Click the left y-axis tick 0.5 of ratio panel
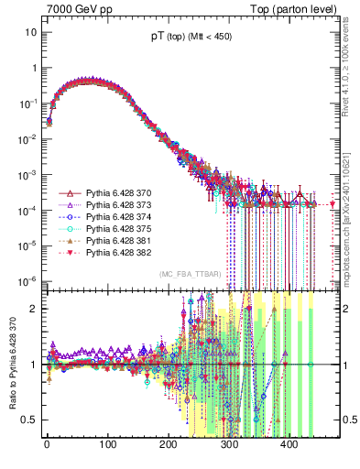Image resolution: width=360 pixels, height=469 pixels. [x=27, y=420]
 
